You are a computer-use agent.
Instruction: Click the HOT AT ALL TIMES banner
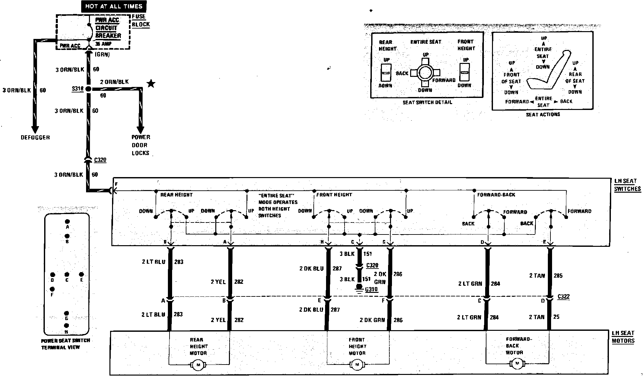pyautogui.click(x=114, y=6)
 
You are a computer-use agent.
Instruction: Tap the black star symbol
pyautogui.click(x=151, y=84)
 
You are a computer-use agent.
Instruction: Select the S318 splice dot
pyautogui.click(x=88, y=89)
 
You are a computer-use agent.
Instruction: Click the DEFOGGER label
pyautogui.click(x=35, y=138)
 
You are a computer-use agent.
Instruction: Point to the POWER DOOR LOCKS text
pyautogui.click(x=141, y=145)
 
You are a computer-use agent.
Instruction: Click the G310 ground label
pyautogui.click(x=372, y=289)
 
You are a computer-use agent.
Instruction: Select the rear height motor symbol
pyautogui.click(x=198, y=365)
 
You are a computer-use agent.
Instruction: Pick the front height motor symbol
pyautogui.click(x=357, y=365)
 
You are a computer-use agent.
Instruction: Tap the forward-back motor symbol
pyautogui.click(x=517, y=363)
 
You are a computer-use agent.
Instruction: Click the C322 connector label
pyautogui.click(x=563, y=296)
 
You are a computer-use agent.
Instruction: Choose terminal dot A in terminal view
pyautogui.click(x=67, y=222)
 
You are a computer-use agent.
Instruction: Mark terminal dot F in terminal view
pyautogui.click(x=52, y=289)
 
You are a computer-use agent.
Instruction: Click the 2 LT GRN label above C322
pyautogui.click(x=470, y=284)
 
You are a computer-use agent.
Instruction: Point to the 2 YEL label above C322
pyautogui.click(x=218, y=282)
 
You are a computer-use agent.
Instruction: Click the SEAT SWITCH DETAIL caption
pyautogui.click(x=427, y=102)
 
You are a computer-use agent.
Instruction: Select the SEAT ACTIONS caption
pyautogui.click(x=543, y=114)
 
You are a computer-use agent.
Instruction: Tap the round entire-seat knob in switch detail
pyautogui.click(x=425, y=73)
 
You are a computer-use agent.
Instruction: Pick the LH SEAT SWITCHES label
pyautogui.click(x=627, y=185)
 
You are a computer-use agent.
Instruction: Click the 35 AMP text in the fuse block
pyautogui.click(x=103, y=43)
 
